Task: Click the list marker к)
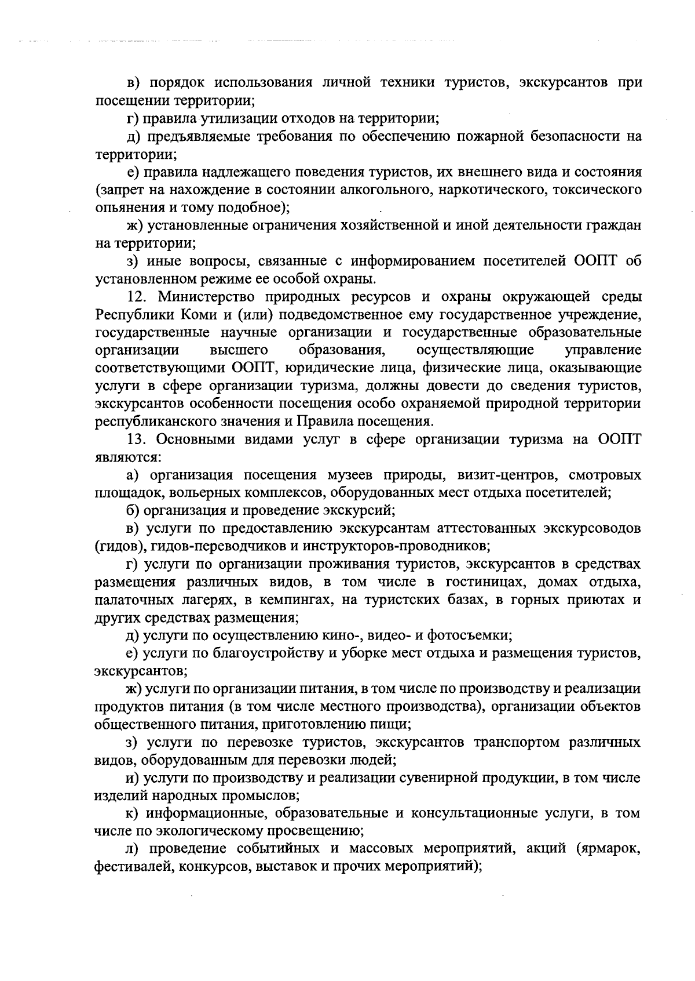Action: point(133,813)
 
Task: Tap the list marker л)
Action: point(133,849)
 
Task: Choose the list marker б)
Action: point(133,511)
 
